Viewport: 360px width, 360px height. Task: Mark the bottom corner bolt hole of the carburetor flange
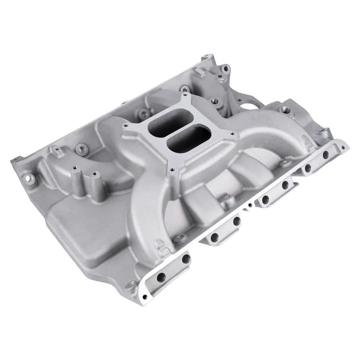coord(172,171)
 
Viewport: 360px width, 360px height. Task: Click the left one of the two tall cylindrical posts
coord(75,174)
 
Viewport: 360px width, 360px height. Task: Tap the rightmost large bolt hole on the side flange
coord(326,154)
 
